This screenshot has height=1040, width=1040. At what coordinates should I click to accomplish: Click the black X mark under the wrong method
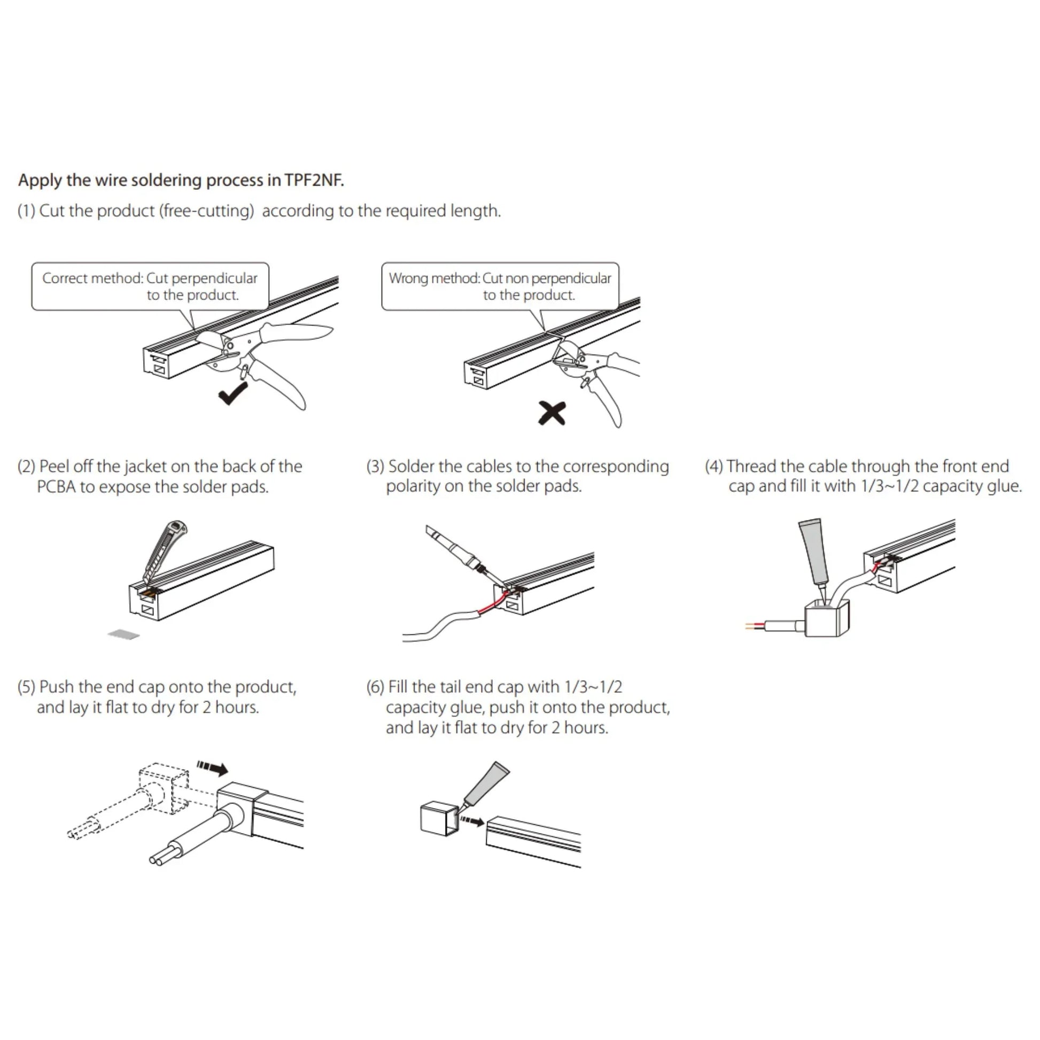pyautogui.click(x=552, y=414)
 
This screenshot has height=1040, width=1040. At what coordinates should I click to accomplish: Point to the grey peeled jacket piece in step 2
pyautogui.click(x=124, y=635)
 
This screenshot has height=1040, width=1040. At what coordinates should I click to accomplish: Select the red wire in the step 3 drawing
pyautogui.click(x=493, y=607)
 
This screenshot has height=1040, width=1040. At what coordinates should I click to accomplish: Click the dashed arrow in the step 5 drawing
pyautogui.click(x=212, y=767)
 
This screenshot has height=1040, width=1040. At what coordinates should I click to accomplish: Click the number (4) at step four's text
pyautogui.click(x=714, y=466)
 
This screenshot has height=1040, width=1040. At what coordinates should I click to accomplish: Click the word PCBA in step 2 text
pyautogui.click(x=56, y=487)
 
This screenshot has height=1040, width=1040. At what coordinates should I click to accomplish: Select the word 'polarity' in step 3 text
pyautogui.click(x=414, y=486)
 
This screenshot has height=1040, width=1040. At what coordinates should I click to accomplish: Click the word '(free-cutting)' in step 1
pyautogui.click(x=206, y=211)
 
